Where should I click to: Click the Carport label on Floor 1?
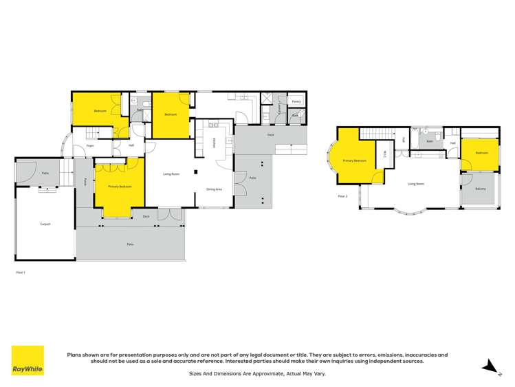45,224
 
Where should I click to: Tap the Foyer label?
90,146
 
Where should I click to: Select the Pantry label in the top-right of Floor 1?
296,101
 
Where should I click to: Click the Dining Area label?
214,189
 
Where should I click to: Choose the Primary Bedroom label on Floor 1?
120,187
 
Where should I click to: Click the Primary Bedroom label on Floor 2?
355,160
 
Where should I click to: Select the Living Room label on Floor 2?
416,184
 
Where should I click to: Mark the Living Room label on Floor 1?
171,174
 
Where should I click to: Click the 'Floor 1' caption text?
20,273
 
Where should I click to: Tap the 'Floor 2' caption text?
342,196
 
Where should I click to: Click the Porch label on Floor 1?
85,182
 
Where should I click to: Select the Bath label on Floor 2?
430,141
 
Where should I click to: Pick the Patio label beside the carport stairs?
45,174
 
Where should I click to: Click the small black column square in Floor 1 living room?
195,171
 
